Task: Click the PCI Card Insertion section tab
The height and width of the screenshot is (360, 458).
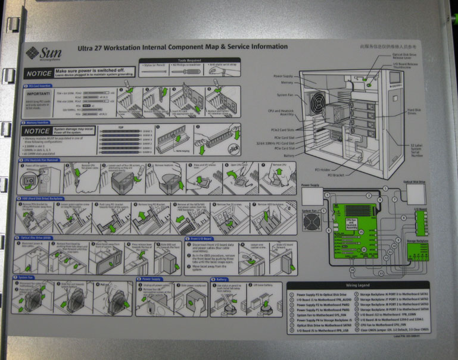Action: point(42,86)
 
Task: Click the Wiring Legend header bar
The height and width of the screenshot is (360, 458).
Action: point(358,285)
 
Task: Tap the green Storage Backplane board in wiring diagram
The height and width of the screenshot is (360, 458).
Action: point(418,252)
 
